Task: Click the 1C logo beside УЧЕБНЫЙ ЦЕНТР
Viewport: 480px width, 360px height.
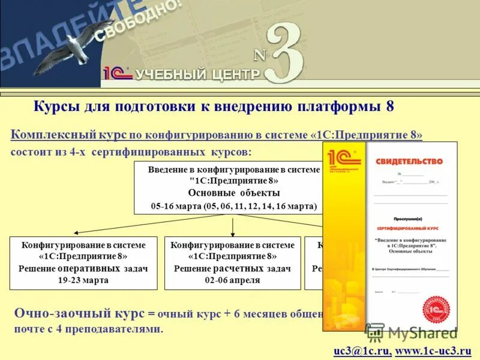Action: point(117,73)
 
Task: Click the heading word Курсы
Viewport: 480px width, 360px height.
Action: point(58,107)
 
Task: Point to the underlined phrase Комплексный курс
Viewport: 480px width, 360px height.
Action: point(68,136)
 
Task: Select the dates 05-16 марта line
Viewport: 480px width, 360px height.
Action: point(233,206)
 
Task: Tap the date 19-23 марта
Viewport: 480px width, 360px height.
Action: point(83,280)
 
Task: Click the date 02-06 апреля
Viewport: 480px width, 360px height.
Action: point(233,280)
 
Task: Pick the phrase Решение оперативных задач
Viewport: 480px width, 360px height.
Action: point(83,268)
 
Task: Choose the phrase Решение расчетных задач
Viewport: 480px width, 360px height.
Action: point(233,268)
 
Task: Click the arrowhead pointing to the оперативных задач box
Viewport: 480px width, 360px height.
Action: point(76,233)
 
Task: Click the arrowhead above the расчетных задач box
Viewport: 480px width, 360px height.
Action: point(233,233)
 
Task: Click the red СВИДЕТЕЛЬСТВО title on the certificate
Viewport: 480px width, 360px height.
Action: point(409,161)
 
